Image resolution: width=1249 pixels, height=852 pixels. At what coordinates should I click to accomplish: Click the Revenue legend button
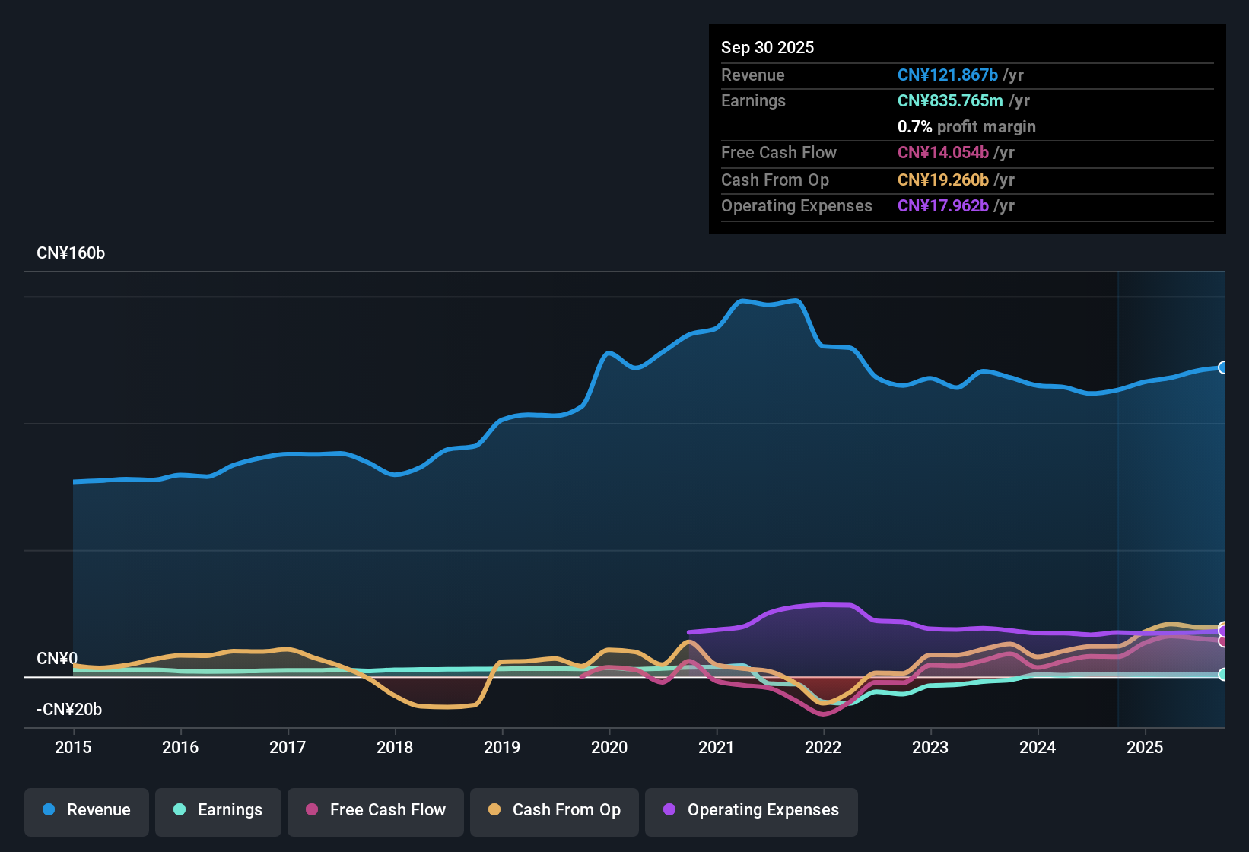click(87, 810)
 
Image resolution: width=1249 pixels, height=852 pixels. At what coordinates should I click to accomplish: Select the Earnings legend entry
click(218, 810)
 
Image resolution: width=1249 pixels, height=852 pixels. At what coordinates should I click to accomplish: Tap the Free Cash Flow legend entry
click(376, 810)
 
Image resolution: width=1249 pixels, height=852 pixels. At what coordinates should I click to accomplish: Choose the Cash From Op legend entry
click(555, 810)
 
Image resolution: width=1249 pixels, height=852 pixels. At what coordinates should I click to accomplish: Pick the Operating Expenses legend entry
click(752, 810)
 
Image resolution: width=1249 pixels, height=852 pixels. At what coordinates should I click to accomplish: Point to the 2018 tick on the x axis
click(395, 747)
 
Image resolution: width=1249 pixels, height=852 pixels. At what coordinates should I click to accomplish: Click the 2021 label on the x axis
click(717, 747)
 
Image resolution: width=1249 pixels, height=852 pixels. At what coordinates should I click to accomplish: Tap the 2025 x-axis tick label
click(1145, 747)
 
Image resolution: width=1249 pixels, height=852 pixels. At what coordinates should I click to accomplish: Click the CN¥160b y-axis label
click(71, 253)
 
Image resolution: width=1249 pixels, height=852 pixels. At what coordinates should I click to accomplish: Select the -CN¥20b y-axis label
click(69, 710)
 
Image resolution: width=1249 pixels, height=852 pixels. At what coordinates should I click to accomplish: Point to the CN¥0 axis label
click(57, 659)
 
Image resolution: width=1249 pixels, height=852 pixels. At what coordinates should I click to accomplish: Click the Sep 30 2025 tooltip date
click(768, 48)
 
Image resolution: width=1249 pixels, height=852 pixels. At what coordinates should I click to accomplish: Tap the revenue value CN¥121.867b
click(947, 75)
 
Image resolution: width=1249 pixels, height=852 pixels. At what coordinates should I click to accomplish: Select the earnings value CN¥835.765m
click(950, 101)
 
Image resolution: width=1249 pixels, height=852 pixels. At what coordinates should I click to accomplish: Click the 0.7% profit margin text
click(966, 127)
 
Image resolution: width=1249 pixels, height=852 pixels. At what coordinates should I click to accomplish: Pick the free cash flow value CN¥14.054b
click(942, 153)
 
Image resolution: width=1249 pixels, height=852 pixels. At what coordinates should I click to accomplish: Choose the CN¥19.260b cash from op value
click(942, 180)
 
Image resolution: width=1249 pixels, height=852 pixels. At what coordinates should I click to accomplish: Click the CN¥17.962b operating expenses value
click(942, 206)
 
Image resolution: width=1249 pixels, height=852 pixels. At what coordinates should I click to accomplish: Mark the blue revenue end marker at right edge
click(1222, 367)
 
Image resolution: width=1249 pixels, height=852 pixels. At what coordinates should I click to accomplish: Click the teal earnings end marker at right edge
click(1222, 675)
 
